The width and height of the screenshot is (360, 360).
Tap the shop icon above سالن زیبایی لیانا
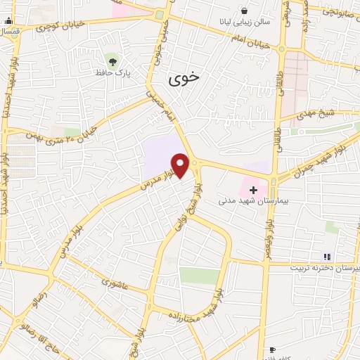(x=243, y=11)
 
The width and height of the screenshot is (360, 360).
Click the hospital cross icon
(x=253, y=190)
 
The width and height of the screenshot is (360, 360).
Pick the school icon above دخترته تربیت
(x=326, y=256)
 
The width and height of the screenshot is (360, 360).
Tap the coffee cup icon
(x=272, y=349)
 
